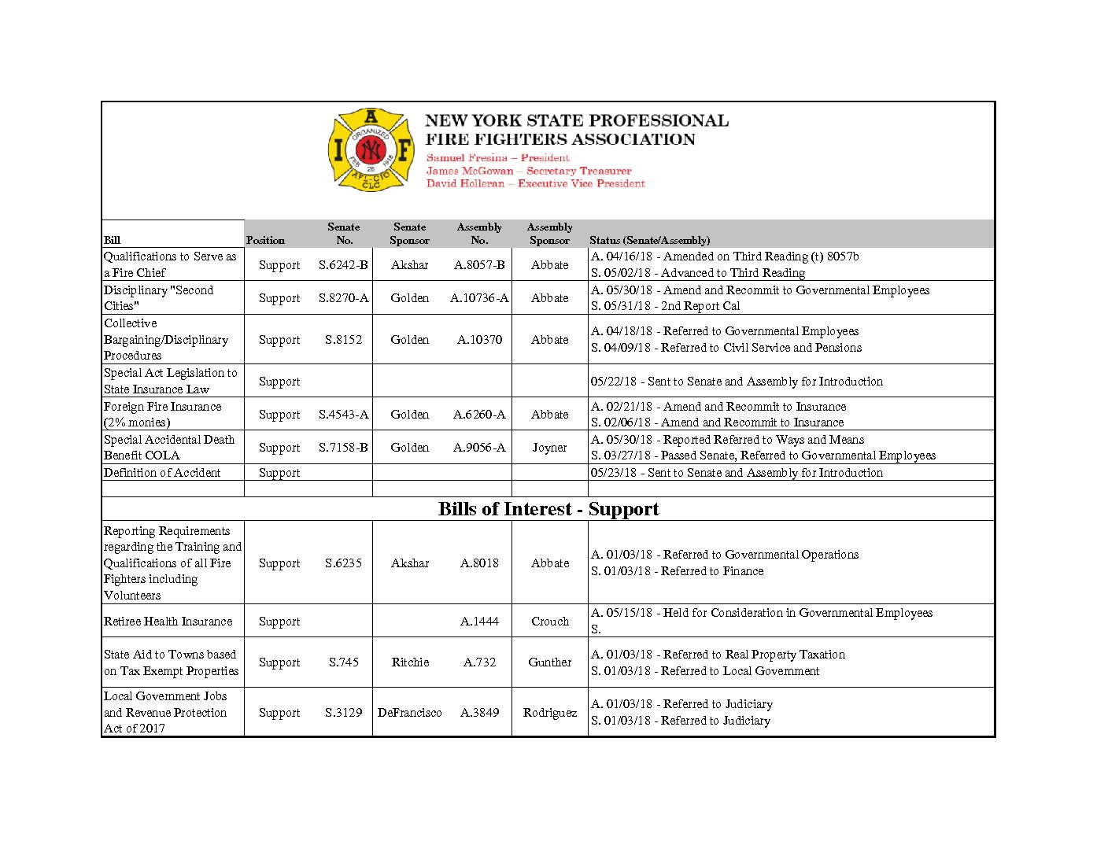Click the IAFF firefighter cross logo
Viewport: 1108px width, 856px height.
pos(371,149)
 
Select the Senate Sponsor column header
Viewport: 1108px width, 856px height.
pos(409,234)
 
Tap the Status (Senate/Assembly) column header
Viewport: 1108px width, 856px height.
pos(649,240)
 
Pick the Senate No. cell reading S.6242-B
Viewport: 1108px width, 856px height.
pos(343,265)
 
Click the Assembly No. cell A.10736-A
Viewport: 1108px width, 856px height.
pos(479,298)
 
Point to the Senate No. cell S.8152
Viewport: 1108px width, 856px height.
pos(343,340)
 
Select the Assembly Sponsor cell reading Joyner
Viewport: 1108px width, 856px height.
pos(549,448)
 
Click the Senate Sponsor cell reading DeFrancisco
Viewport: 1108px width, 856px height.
pos(409,713)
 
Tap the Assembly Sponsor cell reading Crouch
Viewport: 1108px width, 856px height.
pos(549,622)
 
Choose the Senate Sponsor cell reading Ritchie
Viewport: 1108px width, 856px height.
pos(410,662)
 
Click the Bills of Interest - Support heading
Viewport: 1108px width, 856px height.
pos(548,509)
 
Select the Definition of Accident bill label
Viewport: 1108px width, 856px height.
pos(162,473)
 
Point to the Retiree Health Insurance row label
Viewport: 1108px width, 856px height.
pos(168,622)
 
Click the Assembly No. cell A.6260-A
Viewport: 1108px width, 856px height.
pos(479,415)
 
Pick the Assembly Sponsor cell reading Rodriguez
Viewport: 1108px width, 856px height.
pos(549,713)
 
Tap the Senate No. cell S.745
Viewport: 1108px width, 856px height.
pos(343,662)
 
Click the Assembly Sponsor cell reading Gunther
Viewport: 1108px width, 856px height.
pos(549,662)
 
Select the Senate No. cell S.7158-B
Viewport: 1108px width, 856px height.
pos(343,448)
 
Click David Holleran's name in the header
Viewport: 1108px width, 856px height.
pos(465,183)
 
